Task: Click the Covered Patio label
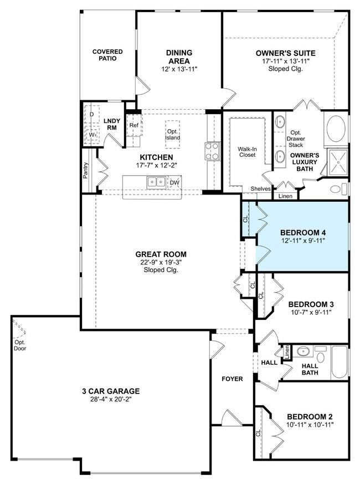pyautogui.click(x=107, y=55)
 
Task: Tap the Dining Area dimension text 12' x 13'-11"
pyautogui.click(x=179, y=69)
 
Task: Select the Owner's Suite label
pyautogui.click(x=286, y=53)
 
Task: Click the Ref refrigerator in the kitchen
pyautogui.click(x=135, y=125)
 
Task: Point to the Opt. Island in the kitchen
pyautogui.click(x=172, y=135)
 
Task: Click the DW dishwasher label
pyautogui.click(x=174, y=182)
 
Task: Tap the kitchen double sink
pyautogui.click(x=156, y=182)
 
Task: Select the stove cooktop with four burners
pyautogui.click(x=212, y=151)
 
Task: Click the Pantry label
pyautogui.click(x=86, y=170)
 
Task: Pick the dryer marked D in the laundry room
pyautogui.click(x=92, y=114)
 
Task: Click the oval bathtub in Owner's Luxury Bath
pyautogui.click(x=336, y=129)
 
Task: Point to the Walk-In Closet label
pyautogui.click(x=247, y=152)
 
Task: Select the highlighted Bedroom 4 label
pyautogui.click(x=303, y=232)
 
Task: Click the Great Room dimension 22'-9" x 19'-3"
pyautogui.click(x=161, y=262)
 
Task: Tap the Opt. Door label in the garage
pyautogui.click(x=20, y=345)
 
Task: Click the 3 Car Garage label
pyautogui.click(x=111, y=391)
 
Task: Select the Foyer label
pyautogui.click(x=232, y=379)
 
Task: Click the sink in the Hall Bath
pyautogui.click(x=304, y=351)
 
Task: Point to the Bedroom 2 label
pyautogui.click(x=310, y=417)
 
